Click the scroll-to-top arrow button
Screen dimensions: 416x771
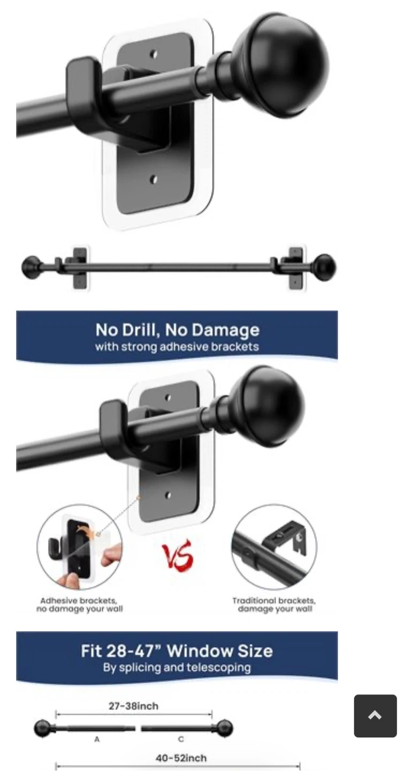(375, 715)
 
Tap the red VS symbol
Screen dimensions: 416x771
(178, 555)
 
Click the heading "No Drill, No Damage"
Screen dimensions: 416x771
(177, 329)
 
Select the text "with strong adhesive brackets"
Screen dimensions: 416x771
(177, 346)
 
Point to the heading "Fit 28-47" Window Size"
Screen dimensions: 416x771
(177, 651)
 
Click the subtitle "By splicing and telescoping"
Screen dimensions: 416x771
(177, 667)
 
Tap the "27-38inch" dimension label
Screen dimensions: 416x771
(133, 706)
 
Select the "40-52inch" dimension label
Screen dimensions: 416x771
(181, 758)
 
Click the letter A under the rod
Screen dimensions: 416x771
(97, 739)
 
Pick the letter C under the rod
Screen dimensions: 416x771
(181, 739)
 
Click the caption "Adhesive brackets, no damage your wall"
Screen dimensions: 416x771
(79, 605)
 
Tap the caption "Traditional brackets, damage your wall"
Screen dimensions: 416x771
(274, 605)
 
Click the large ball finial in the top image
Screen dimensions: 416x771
(279, 65)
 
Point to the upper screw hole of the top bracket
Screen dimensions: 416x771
(154, 54)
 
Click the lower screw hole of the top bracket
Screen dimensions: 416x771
(154, 179)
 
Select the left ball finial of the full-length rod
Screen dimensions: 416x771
(32, 267)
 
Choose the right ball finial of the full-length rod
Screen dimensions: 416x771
(325, 267)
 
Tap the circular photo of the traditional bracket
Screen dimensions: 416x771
(274, 547)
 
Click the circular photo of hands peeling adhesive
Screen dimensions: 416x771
(79, 547)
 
